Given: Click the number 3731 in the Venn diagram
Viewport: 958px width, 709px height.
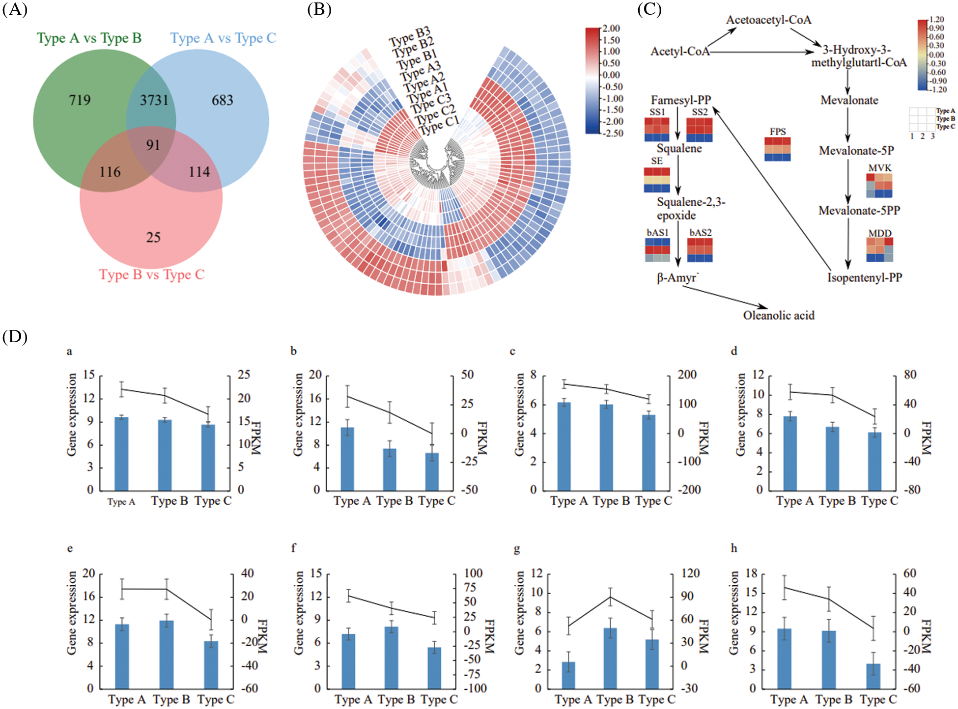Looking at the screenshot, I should pos(154,101).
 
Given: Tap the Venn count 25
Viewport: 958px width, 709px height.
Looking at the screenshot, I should pos(153,238).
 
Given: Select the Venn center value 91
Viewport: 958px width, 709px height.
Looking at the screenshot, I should pos(153,145).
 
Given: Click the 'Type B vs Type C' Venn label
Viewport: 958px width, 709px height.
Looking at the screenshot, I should pos(151,274).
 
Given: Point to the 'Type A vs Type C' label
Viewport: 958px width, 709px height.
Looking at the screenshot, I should pos(223,38).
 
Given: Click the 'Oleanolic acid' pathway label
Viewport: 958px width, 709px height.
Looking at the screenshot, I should pos(778,315).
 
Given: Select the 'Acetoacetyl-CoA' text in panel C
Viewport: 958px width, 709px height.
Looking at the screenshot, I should pos(768,20).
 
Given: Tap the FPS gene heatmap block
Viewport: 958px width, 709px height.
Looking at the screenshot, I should pos(777,149).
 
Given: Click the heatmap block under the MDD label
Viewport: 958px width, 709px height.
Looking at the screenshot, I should pos(879,250).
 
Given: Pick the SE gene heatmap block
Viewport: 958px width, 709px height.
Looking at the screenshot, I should pos(657,180).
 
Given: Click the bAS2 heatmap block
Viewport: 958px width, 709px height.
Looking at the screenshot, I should pos(700,250).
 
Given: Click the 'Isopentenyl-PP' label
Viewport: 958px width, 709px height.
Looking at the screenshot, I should pos(864,278).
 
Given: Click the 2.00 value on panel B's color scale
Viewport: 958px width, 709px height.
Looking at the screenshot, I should pos(611,28).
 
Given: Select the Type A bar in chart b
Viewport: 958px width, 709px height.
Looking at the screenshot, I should pos(347,459).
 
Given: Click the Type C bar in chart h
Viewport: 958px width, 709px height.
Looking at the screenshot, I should pos(873,676).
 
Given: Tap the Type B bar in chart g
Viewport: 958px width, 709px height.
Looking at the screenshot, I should pos(610,658).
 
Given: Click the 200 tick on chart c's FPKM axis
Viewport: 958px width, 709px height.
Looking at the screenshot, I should pos(687,375).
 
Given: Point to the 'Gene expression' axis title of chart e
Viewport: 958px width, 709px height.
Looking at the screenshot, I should pos(72,613).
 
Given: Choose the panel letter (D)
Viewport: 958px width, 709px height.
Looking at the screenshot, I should pos(15,337).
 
